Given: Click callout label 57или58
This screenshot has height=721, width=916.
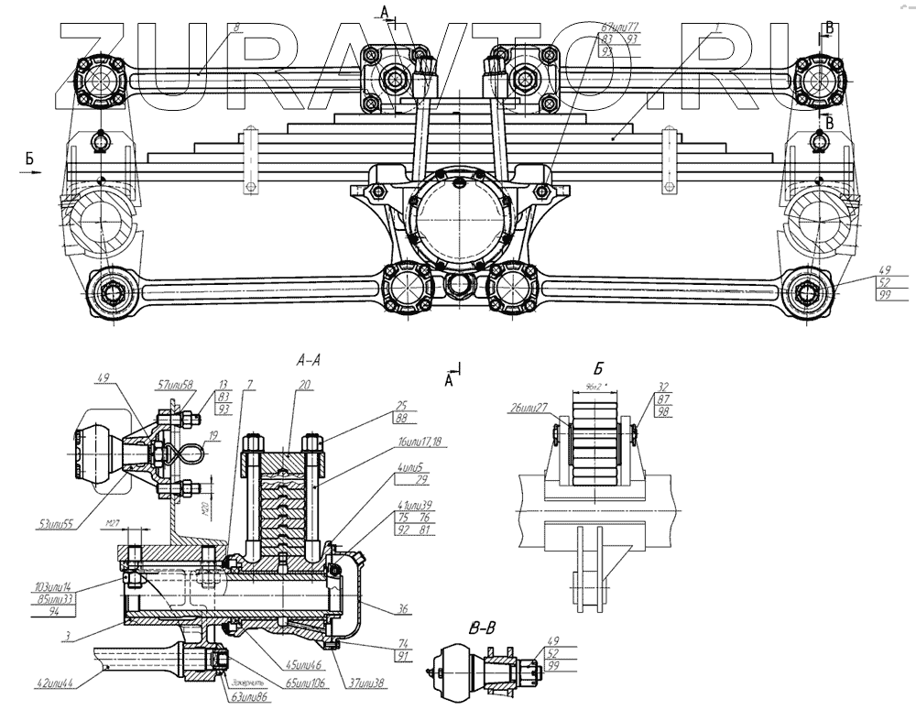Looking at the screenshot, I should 174,386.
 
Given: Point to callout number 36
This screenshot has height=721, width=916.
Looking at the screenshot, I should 404,609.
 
